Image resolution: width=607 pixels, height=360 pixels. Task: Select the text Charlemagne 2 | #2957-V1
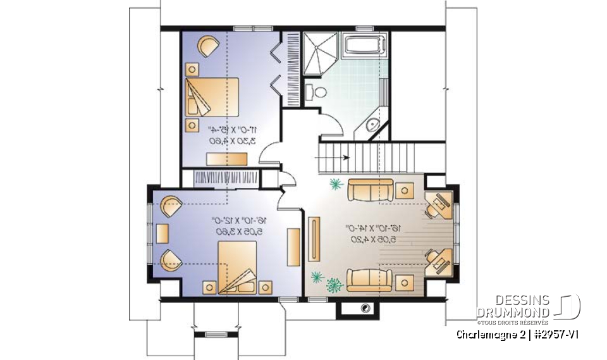pos(518,334)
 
